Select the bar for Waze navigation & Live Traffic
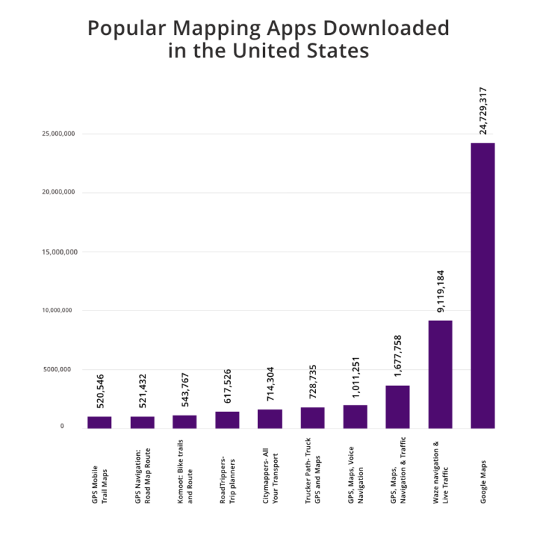point(440,374)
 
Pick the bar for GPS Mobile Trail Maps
point(99,422)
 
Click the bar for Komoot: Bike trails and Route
point(185,422)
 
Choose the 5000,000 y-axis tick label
point(62,369)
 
